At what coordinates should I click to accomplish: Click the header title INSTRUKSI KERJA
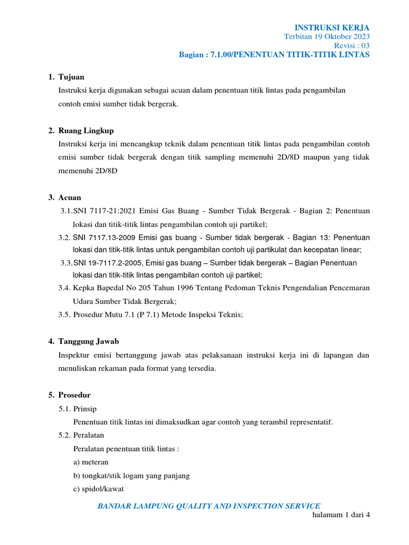(x=332, y=28)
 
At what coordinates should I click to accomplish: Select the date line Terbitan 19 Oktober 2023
(x=326, y=37)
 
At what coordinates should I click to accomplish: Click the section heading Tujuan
(x=71, y=77)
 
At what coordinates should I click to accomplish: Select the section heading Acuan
(x=70, y=197)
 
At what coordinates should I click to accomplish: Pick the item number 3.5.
(x=64, y=315)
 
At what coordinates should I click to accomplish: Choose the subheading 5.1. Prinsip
(x=78, y=409)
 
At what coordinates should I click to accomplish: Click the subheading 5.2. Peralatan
(x=81, y=435)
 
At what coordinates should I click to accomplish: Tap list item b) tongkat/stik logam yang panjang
(x=131, y=475)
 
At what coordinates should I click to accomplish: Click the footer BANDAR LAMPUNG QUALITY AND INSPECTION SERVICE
(x=208, y=506)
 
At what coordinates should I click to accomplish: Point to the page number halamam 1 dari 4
(x=339, y=516)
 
